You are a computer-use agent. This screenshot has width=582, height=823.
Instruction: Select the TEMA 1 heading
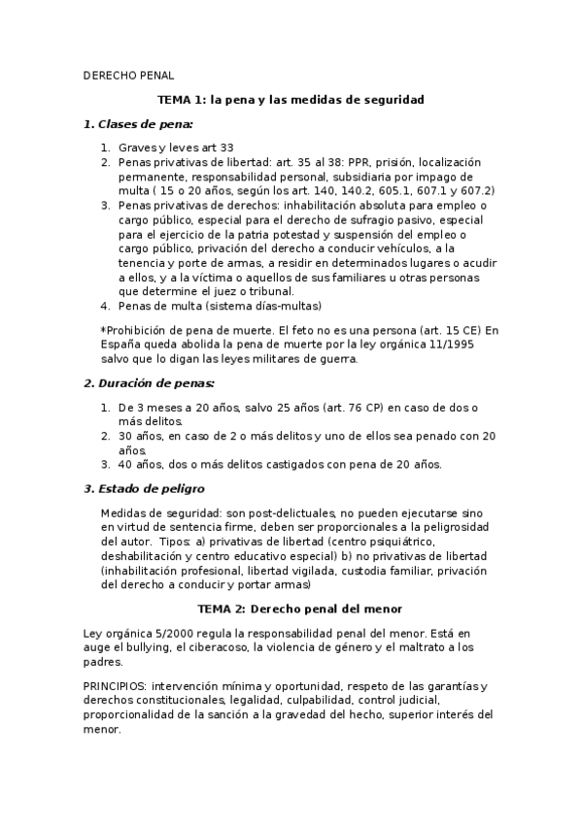291,99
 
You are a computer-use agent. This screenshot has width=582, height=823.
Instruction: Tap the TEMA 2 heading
291,609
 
